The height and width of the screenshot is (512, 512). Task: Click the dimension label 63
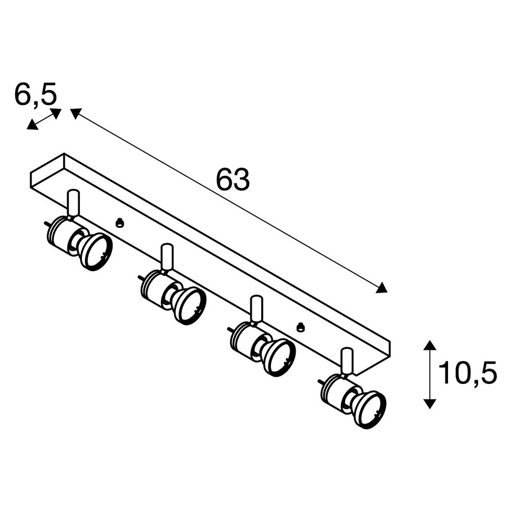click(233, 180)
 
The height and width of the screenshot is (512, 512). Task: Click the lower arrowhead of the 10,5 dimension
click(430, 403)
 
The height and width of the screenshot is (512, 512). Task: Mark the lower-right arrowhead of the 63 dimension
click(382, 288)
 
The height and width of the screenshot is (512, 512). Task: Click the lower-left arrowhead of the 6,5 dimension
click(32, 125)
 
